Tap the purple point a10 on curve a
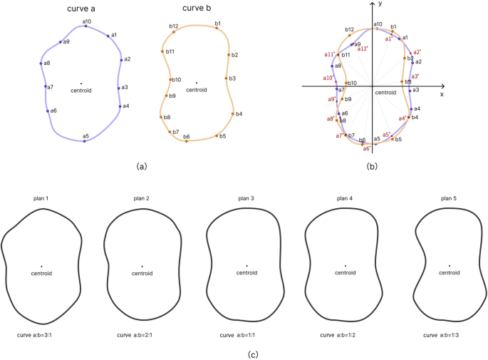click(x=86, y=26)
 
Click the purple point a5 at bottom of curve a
click(x=85, y=140)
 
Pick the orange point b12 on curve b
click(x=173, y=31)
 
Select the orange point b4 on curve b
click(x=232, y=114)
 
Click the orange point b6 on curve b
click(x=186, y=141)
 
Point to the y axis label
click(x=380, y=4)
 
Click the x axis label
click(x=442, y=94)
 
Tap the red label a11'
click(x=329, y=54)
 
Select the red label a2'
click(x=417, y=51)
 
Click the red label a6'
click(x=367, y=148)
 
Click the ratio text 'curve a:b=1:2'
click(x=347, y=334)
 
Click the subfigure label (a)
click(x=141, y=166)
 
